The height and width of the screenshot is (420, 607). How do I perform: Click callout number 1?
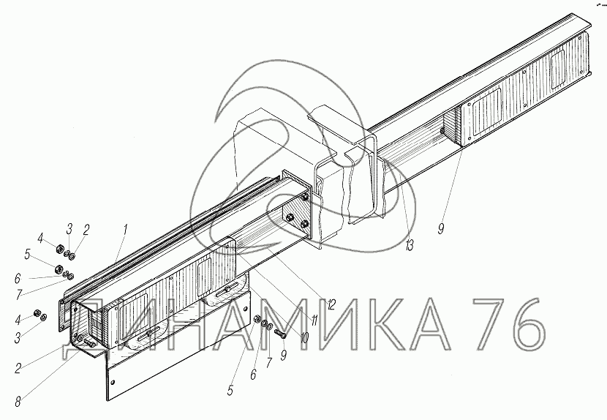coord(125,230)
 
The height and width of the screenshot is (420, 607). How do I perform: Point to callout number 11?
coord(314,320)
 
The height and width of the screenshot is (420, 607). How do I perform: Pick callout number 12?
coord(331,305)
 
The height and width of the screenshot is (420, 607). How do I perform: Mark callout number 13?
coord(410,245)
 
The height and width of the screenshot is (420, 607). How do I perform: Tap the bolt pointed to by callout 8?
coord(88,341)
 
